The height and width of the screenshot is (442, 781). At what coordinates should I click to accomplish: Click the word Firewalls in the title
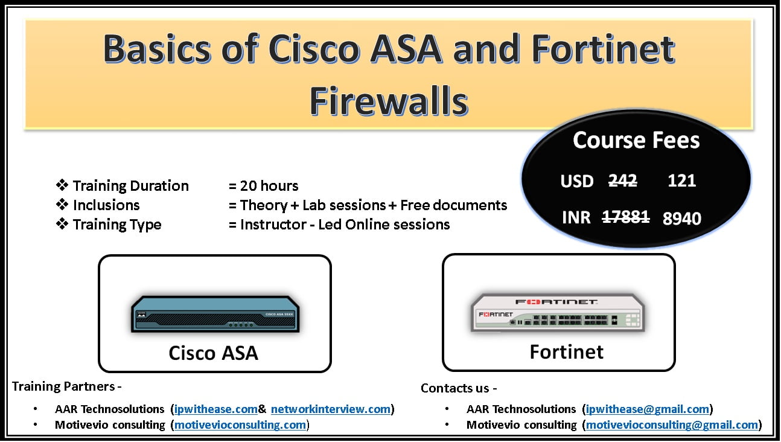tap(389, 101)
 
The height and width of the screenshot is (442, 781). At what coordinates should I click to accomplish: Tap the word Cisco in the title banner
tap(314, 49)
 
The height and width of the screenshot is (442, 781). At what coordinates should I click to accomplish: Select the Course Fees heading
tap(636, 140)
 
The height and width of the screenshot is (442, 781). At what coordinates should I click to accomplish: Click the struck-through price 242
tap(623, 181)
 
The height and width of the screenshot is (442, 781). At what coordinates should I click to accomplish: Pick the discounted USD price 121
tap(681, 181)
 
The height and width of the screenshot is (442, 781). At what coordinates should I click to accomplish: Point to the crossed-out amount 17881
tap(626, 217)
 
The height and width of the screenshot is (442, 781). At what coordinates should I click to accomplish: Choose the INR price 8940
tap(681, 219)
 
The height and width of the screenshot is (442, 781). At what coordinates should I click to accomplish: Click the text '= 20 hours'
tap(263, 186)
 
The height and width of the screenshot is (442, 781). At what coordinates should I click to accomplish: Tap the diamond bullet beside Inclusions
tap(62, 205)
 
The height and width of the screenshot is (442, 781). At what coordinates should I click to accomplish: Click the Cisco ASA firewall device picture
tap(215, 314)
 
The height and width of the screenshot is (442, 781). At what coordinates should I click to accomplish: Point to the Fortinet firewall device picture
tap(558, 312)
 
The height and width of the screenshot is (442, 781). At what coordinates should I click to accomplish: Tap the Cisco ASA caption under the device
tap(214, 353)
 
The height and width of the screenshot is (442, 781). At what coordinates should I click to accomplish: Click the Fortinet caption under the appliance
tap(567, 351)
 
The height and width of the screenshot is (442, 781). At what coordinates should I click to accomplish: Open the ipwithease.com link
tap(216, 409)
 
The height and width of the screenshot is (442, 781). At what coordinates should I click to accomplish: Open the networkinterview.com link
tap(331, 409)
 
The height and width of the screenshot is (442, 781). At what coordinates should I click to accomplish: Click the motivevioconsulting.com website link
tap(240, 425)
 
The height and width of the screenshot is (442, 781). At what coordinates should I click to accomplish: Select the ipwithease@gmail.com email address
tap(648, 409)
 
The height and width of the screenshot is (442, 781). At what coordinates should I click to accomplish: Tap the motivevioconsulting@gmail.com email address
tap(672, 425)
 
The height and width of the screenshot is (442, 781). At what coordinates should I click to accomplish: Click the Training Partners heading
tap(66, 386)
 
